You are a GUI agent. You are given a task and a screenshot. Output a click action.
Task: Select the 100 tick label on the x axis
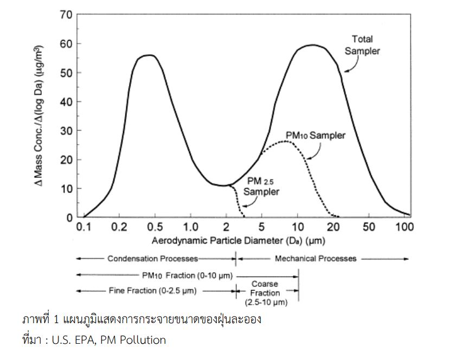pos(403,226)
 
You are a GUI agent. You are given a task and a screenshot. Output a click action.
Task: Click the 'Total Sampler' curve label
pos(363,45)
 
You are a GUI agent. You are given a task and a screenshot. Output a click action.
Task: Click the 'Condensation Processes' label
pos(153,259)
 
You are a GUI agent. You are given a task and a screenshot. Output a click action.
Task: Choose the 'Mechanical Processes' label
pos(316,259)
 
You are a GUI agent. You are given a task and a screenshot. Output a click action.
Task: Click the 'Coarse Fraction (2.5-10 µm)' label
pos(265,293)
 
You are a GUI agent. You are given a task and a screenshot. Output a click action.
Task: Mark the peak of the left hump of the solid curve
pos(147,55)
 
